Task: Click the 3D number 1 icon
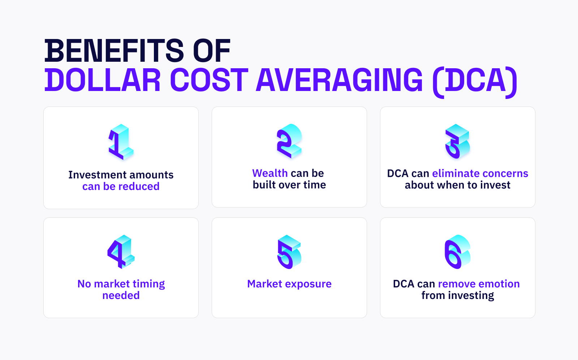click(x=121, y=142)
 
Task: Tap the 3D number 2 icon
click(x=289, y=141)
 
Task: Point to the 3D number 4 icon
click(x=121, y=252)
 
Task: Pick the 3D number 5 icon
click(x=289, y=252)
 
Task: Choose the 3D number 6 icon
click(x=457, y=252)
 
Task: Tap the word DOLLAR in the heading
click(x=103, y=80)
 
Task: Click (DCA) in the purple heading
click(x=475, y=81)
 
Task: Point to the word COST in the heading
click(x=209, y=80)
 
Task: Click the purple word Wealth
click(x=270, y=173)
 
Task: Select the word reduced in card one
click(x=139, y=186)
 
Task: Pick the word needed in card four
click(x=121, y=295)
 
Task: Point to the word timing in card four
click(x=148, y=284)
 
